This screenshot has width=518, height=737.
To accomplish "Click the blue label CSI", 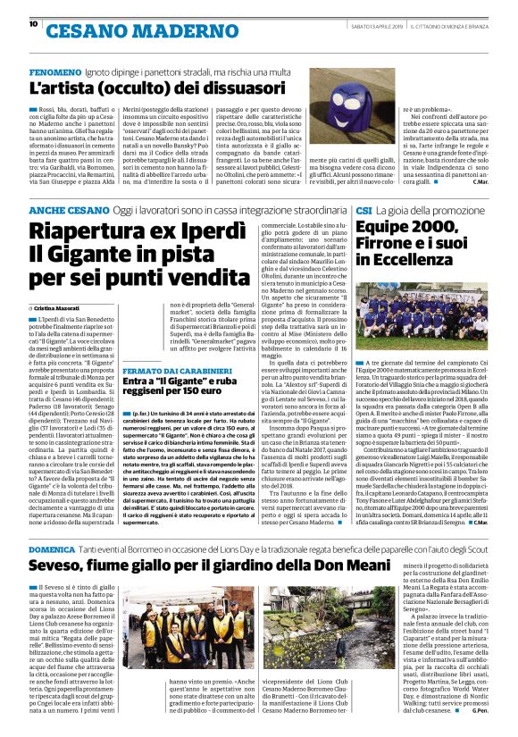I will (x=364, y=209).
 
